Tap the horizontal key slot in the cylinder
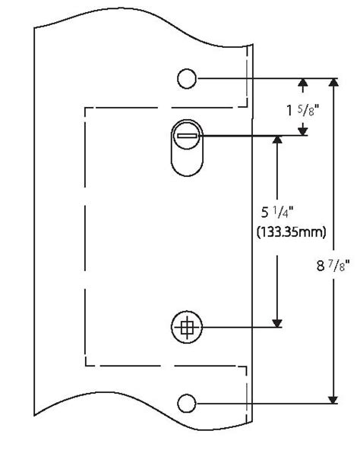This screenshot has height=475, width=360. tap(188, 137)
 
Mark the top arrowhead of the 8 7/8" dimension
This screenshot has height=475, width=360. tap(333, 83)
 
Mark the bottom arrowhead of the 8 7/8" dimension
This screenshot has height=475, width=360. tap(333, 397)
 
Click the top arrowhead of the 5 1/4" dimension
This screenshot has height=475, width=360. tap(279, 143)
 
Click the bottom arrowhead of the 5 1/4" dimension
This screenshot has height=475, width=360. tap(279, 322)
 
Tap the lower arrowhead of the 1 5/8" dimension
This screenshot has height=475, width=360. tap(303, 131)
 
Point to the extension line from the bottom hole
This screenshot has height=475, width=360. tap(266, 402)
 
